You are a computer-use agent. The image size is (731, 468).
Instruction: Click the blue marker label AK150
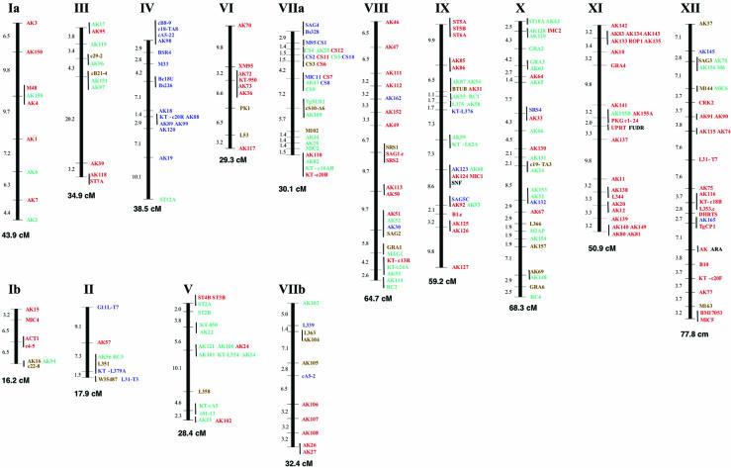coord(34,51)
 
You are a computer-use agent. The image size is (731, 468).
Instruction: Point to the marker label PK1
coord(244,107)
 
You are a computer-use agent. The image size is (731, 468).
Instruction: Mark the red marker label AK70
coord(244,23)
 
